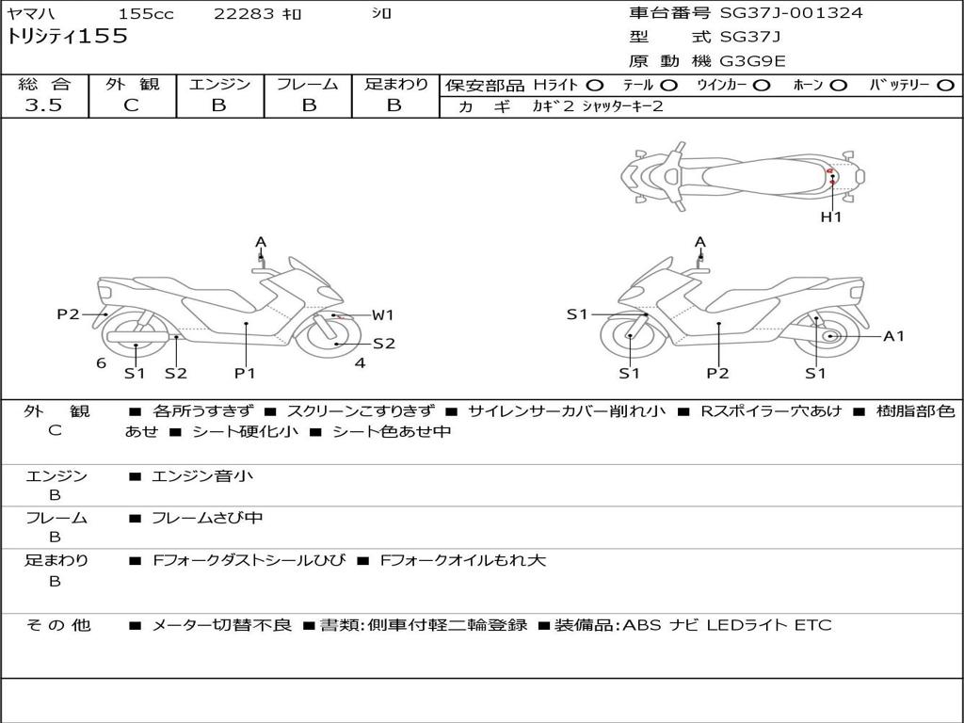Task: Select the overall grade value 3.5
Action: pyautogui.click(x=43, y=105)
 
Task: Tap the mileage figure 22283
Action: pyautogui.click(x=244, y=14)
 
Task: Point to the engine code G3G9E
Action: pyautogui.click(x=752, y=61)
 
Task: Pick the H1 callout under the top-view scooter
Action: pyautogui.click(x=831, y=217)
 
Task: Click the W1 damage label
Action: pyautogui.click(x=383, y=315)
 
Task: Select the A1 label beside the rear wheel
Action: pyautogui.click(x=893, y=336)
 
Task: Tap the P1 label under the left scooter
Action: pyautogui.click(x=245, y=373)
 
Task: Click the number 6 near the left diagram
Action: pyautogui.click(x=101, y=363)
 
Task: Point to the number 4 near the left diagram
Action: pyautogui.click(x=360, y=362)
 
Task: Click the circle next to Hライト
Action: pyautogui.click(x=595, y=86)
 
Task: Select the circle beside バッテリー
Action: pyautogui.click(x=945, y=86)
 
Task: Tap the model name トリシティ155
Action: pyautogui.click(x=68, y=38)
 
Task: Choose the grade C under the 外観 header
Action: pyautogui.click(x=131, y=105)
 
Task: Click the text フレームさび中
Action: pyautogui.click(x=207, y=518)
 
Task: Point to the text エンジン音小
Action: pyautogui.click(x=202, y=476)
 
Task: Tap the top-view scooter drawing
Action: pyautogui.click(x=742, y=174)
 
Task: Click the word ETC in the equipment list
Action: pyautogui.click(x=813, y=625)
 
